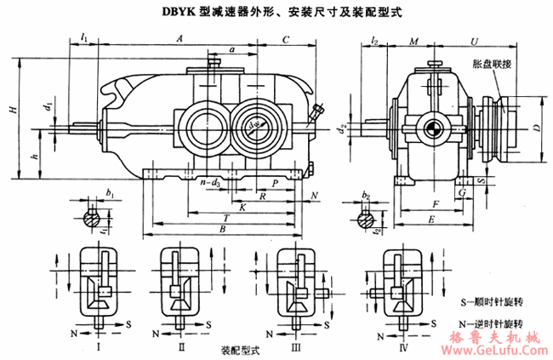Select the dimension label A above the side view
pos(180,39)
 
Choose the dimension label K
pos(243,206)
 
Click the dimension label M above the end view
pos(413,40)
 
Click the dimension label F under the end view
pos(435,204)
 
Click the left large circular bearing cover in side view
pos(205,128)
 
